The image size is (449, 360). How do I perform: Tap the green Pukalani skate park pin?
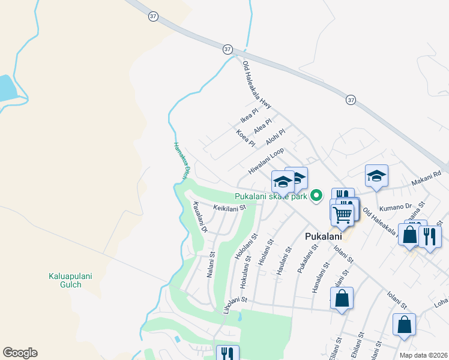point(316,196)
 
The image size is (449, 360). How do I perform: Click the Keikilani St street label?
point(230,208)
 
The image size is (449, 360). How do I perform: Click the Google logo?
point(20,353)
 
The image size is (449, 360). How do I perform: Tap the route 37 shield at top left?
point(152,17)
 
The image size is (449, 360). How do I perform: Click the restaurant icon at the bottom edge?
point(227,353)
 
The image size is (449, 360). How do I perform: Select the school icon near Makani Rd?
point(376,175)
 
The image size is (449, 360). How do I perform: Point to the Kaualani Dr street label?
point(200,217)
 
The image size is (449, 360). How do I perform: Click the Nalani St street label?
point(211,262)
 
